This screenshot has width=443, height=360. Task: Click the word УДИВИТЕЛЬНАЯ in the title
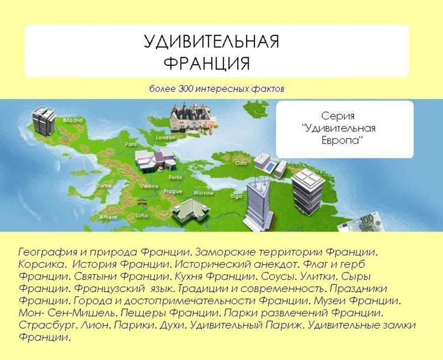(211, 41)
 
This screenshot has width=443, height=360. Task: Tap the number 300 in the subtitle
(185, 89)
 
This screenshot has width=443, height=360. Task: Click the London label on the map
(165, 137)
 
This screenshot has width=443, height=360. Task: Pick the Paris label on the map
(131, 145)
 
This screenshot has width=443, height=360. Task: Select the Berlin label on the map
(175, 178)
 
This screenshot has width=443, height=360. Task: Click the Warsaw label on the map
(203, 193)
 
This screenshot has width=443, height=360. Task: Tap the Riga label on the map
(236, 196)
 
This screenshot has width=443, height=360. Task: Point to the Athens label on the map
(108, 217)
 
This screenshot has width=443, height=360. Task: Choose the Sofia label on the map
(142, 215)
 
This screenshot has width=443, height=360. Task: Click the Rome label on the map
(104, 185)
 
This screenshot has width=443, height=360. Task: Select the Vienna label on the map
(148, 187)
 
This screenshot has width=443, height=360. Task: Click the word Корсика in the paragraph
(38, 263)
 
